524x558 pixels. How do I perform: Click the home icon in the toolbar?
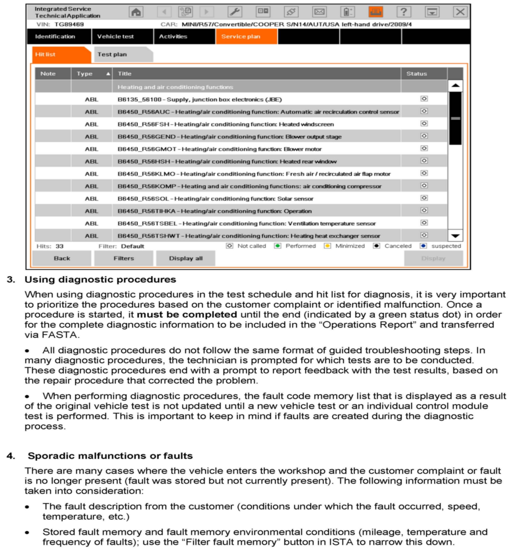coord(136,12)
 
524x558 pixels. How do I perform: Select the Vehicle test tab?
coord(115,37)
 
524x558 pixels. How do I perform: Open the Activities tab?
coord(173,37)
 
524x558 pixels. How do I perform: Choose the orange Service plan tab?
coord(240,37)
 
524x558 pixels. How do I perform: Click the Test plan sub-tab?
coord(112,54)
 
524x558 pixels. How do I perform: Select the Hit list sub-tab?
coord(45,54)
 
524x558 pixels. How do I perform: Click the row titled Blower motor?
coord(219,149)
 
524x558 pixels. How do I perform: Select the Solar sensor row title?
coord(215,199)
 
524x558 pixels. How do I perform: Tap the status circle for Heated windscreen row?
coord(424,124)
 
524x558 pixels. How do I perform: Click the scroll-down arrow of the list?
coord(455,236)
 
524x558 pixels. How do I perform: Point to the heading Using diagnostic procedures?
coord(100,280)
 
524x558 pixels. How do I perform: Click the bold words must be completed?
coord(187,315)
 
